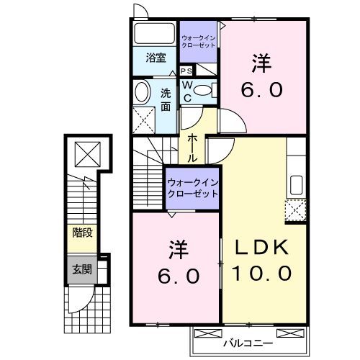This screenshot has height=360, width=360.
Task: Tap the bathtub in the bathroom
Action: tap(154, 32)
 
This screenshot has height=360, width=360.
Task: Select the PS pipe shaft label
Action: tap(186, 71)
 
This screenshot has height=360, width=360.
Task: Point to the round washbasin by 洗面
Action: tap(141, 91)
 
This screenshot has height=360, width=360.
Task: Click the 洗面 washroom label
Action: tap(166, 99)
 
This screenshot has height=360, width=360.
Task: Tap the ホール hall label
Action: tap(194, 146)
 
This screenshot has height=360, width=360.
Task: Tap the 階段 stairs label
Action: tap(81, 233)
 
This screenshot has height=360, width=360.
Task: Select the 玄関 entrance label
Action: tap(81, 270)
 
